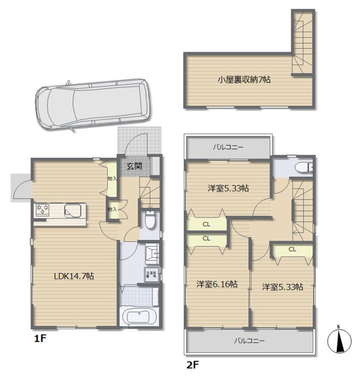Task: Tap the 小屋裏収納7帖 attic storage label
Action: pyautogui.click(x=244, y=79)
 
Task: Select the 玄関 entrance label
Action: pyautogui.click(x=134, y=166)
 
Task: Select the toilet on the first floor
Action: pyautogui.click(x=151, y=220)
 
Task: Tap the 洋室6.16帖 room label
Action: pyautogui.click(x=216, y=285)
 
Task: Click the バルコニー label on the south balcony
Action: pyautogui.click(x=250, y=340)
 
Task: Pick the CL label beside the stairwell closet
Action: pyautogui.click(x=292, y=249)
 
